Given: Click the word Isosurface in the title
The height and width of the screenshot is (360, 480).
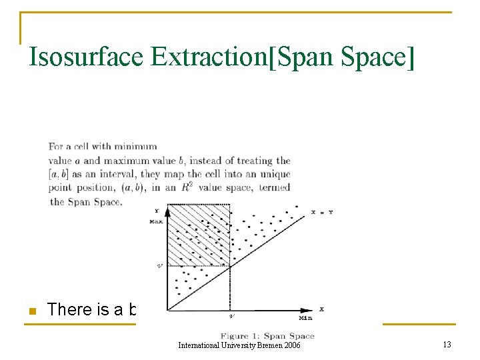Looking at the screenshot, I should [x=86, y=57].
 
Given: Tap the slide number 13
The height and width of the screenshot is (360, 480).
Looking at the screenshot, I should [x=446, y=345].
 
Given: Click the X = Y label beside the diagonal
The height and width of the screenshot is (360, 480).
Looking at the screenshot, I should [x=323, y=212].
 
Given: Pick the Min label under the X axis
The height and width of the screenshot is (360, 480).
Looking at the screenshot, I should [x=305, y=318].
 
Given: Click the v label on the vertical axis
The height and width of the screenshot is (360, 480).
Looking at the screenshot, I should [x=159, y=265].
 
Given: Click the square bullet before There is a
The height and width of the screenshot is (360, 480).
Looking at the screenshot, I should [x=31, y=310].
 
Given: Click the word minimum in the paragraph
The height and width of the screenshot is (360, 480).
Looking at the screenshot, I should [x=137, y=147].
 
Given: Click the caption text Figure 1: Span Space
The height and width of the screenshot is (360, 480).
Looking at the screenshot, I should [x=266, y=336].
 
